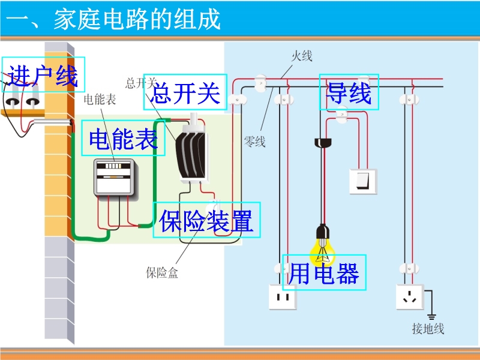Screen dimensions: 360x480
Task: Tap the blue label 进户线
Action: pyautogui.click(x=43, y=75)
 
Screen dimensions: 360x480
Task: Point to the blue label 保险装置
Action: pyautogui.click(x=206, y=220)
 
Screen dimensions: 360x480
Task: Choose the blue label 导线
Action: pyautogui.click(x=349, y=92)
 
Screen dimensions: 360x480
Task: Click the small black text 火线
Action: pyautogui.click(x=302, y=57)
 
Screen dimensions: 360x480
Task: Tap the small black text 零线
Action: pyautogui.click(x=254, y=142)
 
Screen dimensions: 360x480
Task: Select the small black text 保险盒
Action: pyautogui.click(x=162, y=274)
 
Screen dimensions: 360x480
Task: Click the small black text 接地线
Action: pyautogui.click(x=428, y=328)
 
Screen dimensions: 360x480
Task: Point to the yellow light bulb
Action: pyautogui.click(x=323, y=242)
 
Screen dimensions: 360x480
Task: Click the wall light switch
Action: pyautogui.click(x=363, y=181)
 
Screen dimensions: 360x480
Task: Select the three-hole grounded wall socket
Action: pyautogui.click(x=410, y=297)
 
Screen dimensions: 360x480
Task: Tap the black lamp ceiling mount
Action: pyautogui.click(x=323, y=143)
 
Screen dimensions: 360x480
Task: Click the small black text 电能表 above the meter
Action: pyautogui.click(x=100, y=100)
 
